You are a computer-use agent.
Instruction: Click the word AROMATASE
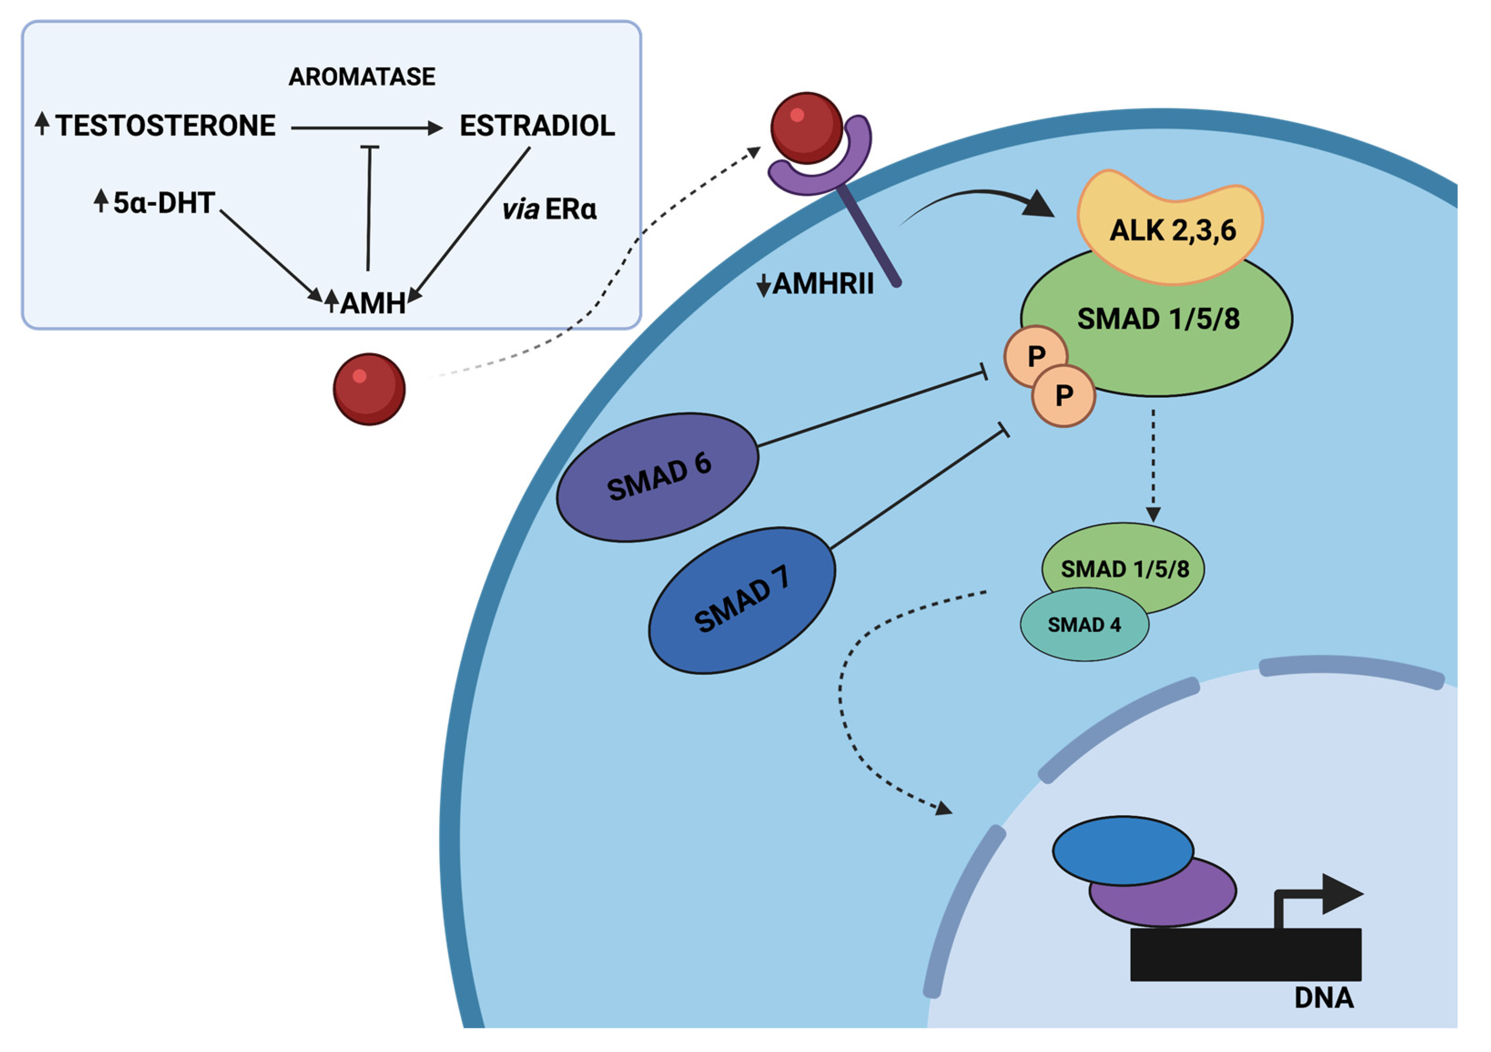[x=362, y=76]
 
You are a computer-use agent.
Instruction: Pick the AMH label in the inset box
[x=372, y=303]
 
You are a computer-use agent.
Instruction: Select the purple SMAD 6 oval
[x=657, y=477]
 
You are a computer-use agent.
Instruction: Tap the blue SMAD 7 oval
[x=741, y=600]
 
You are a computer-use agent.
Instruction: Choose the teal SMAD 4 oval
[x=1083, y=625]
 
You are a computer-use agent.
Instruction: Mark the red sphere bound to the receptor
[x=806, y=128]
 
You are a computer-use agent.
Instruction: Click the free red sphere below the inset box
[x=369, y=389]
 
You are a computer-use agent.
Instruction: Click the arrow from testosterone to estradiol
[x=366, y=129]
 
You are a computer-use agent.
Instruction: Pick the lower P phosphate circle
[x=1064, y=395]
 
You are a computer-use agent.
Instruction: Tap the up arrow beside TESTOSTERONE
[x=42, y=123]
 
